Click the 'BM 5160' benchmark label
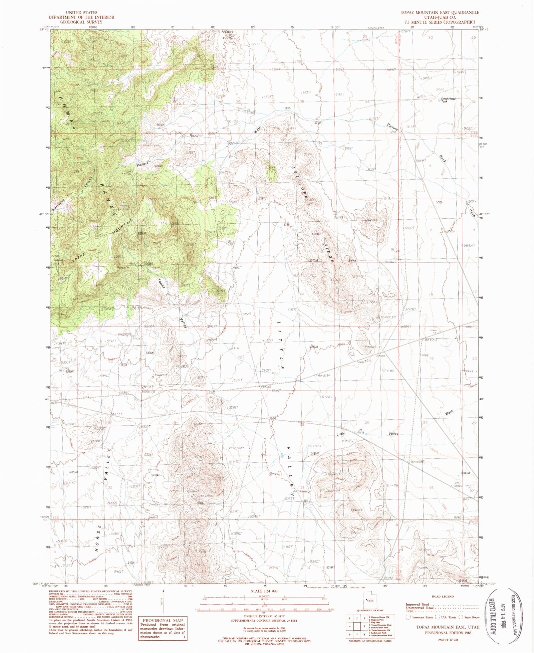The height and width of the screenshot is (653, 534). click(324, 376)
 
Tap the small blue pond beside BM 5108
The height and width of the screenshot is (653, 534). click(367, 434)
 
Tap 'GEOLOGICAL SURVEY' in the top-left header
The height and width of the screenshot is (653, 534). click(81, 22)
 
